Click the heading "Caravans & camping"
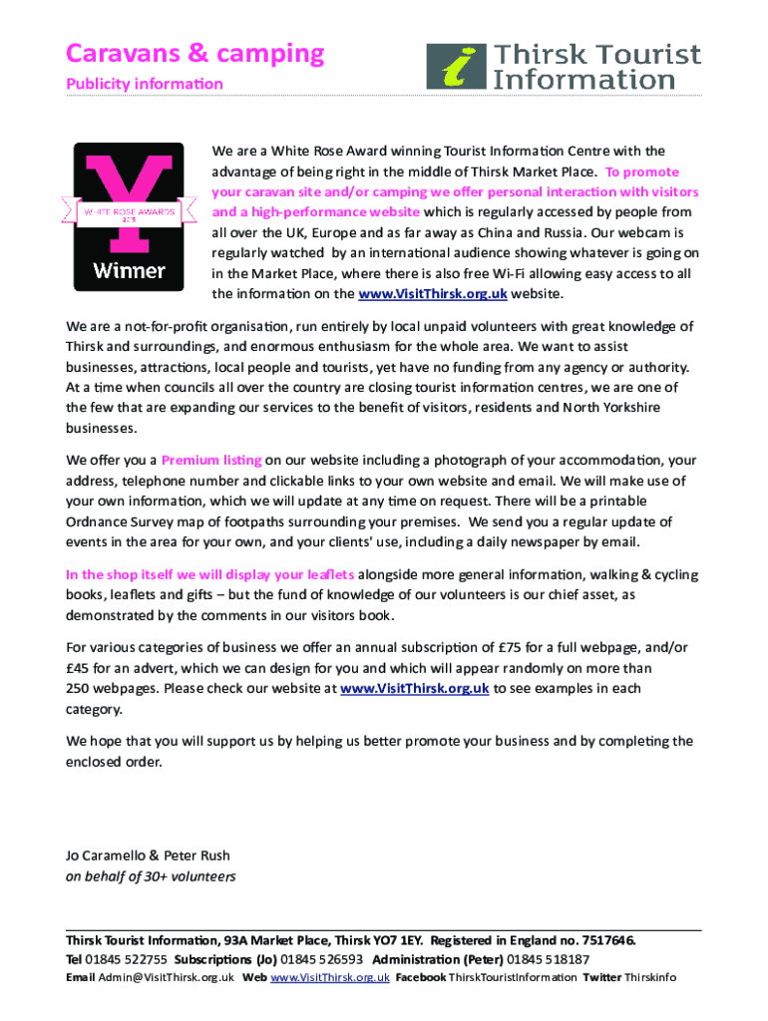click(195, 53)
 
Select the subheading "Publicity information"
click(145, 83)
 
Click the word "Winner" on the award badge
click(130, 269)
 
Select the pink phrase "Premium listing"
click(211, 461)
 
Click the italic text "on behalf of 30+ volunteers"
click(151, 877)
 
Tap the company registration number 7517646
click(602, 940)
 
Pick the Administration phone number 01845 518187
click(549, 959)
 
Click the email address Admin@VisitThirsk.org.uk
click(166, 977)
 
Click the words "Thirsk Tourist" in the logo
click(599, 56)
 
